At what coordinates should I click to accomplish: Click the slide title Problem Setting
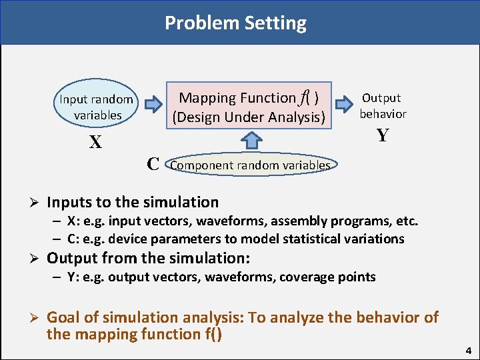pos(235,23)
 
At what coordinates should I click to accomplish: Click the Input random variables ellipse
pos(97,107)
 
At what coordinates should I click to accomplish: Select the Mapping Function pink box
pos(249,107)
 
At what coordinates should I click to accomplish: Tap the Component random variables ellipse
pos(251,165)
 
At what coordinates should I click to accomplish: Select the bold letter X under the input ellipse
pos(96,143)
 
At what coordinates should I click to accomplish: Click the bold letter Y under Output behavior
pos(382,135)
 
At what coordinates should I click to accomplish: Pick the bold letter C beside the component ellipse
pos(153,164)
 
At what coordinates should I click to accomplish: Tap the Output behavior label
pos(383,106)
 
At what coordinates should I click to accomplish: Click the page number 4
pos(469,350)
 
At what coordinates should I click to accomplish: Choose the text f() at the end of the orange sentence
pos(209,333)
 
